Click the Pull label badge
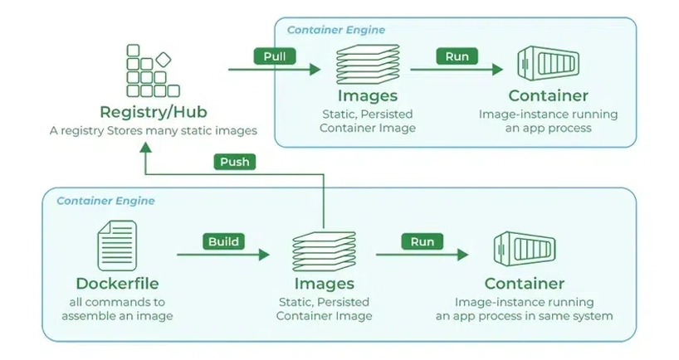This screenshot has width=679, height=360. pos(275,57)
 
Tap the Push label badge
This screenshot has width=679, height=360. pos(235,162)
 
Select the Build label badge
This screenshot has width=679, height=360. pos(223,242)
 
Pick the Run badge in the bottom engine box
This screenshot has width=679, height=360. pos(423,242)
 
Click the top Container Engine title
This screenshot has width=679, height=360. pos(336,30)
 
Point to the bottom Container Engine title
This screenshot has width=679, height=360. pos(105,201)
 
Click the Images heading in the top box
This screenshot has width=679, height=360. pos(368,96)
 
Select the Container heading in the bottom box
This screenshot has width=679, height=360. pos(525,284)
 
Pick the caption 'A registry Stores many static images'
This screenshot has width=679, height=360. pos(153,131)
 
